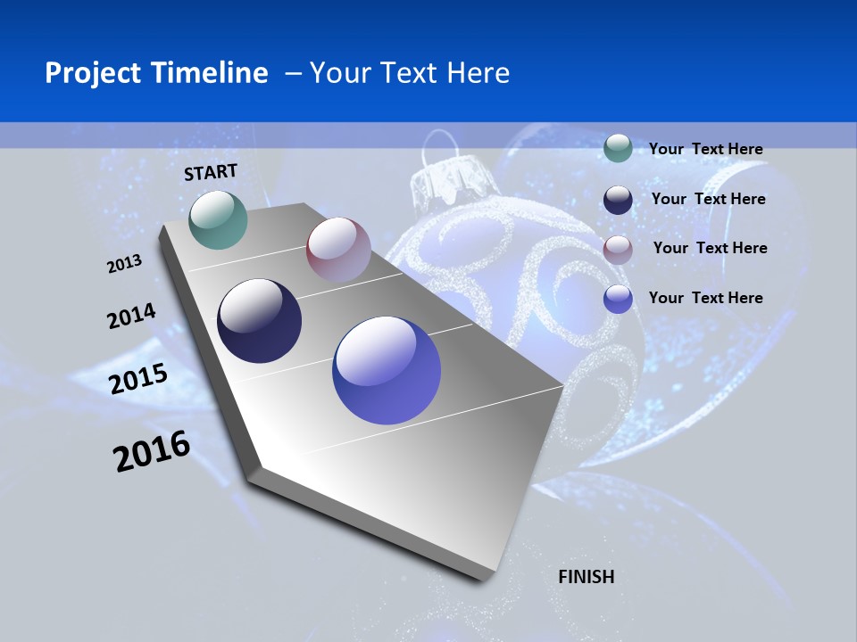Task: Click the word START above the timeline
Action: (x=211, y=172)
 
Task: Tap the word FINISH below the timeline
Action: (x=586, y=577)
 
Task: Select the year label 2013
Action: (x=124, y=264)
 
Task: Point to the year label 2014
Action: (x=131, y=317)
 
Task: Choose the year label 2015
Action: (x=137, y=379)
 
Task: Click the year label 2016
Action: (x=152, y=451)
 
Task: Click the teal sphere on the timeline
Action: (x=218, y=219)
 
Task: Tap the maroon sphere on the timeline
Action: (x=338, y=250)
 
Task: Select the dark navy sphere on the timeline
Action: (x=259, y=321)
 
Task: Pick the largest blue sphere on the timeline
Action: (x=387, y=370)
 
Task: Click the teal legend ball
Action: (x=618, y=148)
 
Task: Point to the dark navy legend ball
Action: (x=618, y=200)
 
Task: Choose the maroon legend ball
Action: (x=618, y=250)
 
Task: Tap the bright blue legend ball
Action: (x=618, y=299)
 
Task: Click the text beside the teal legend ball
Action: (x=705, y=149)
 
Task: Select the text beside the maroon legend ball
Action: (x=710, y=248)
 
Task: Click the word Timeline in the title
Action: (x=211, y=73)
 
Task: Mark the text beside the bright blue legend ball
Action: (x=705, y=298)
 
